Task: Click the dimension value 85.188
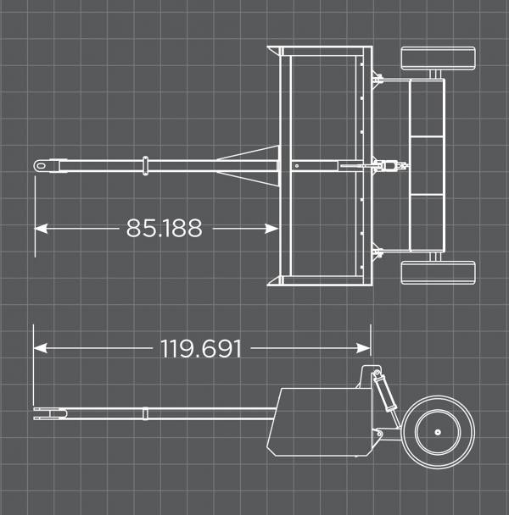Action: pos(164,228)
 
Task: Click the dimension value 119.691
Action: pos(201,348)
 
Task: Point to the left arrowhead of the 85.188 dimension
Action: pos(40,228)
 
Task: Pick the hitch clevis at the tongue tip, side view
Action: pos(49,413)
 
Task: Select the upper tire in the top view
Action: pos(437,60)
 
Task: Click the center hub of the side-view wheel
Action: pos(437,433)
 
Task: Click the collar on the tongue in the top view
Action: pos(146,165)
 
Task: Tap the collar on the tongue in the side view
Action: pos(146,413)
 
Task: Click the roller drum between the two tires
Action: pos(427,166)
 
